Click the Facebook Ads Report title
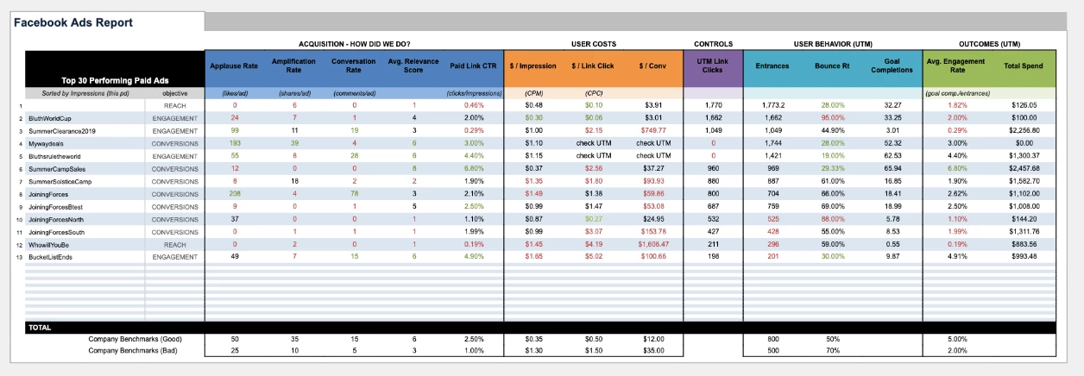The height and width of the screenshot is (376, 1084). (x=72, y=22)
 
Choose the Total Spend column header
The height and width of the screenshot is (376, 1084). (x=1024, y=66)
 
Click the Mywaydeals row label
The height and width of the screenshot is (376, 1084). (x=49, y=143)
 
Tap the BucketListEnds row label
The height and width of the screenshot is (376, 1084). (x=52, y=258)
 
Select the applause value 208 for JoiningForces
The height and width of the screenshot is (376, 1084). (x=235, y=194)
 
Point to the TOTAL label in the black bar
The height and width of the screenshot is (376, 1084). (x=40, y=328)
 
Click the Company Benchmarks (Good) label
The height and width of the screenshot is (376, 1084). (x=135, y=339)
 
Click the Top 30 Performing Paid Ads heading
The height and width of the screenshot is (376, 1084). (x=108, y=79)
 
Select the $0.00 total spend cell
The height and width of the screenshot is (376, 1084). (x=1025, y=143)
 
